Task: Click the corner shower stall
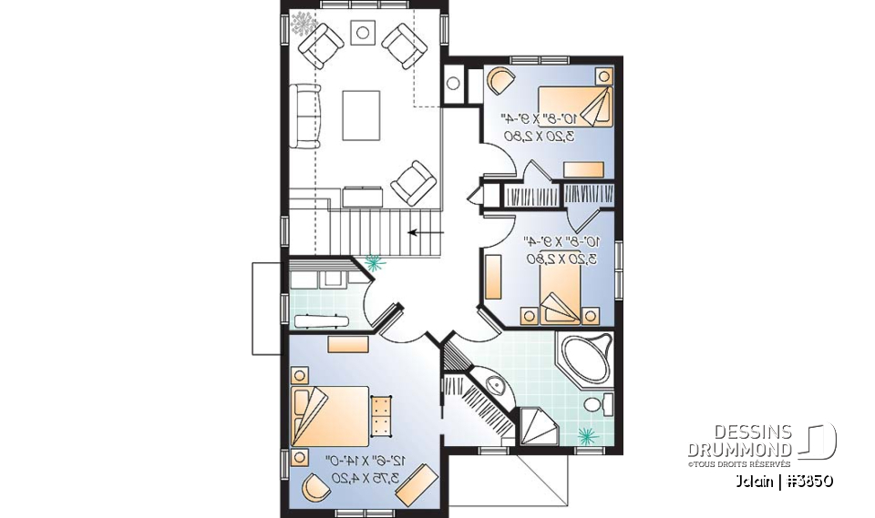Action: (x=538, y=424)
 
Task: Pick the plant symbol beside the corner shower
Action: (x=589, y=433)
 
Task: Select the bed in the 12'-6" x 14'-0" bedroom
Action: (x=328, y=415)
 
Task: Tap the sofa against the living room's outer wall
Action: (x=305, y=116)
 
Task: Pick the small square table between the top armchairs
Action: (x=362, y=33)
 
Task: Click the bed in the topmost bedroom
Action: (x=574, y=108)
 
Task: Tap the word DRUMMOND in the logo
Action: (x=739, y=449)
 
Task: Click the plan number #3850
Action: (x=807, y=480)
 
